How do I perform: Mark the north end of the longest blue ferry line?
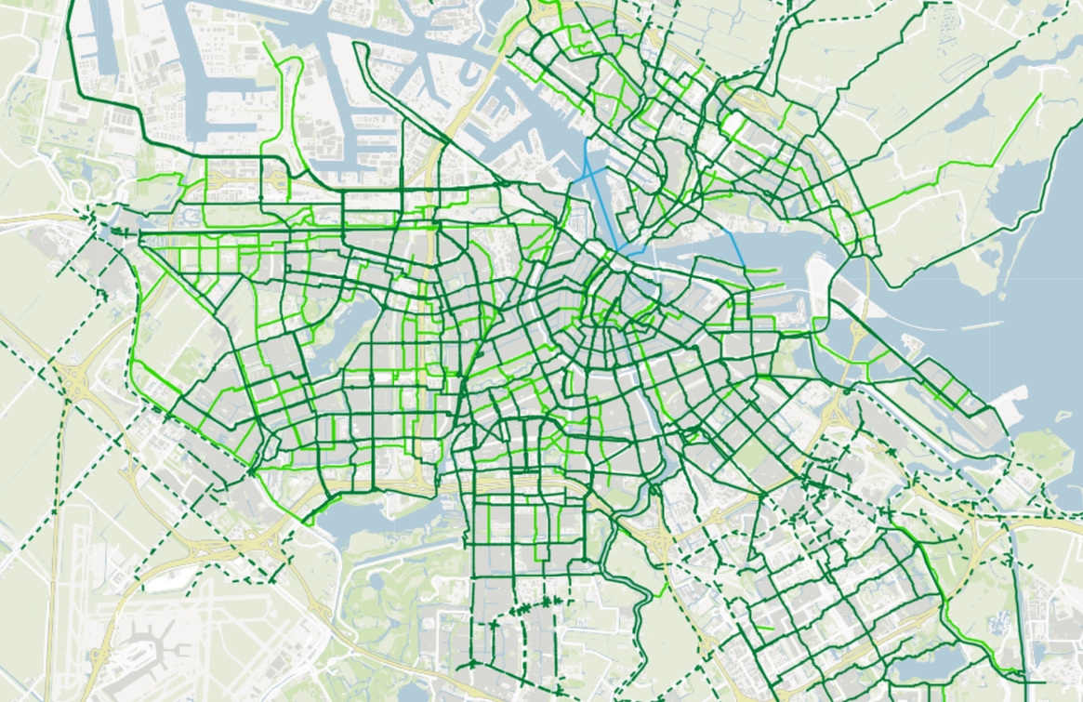point(584,139)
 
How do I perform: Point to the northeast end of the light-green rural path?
point(1039,94)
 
